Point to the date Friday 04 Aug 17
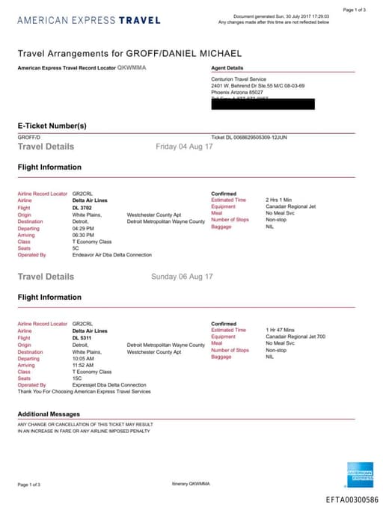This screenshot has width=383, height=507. point(184,147)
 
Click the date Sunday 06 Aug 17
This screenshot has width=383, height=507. point(182,277)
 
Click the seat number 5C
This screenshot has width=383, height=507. point(76,248)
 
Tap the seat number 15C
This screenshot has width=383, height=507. point(77,378)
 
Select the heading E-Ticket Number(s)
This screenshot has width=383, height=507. point(52,125)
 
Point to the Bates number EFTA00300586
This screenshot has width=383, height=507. point(352,498)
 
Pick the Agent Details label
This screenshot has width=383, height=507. point(227,68)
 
